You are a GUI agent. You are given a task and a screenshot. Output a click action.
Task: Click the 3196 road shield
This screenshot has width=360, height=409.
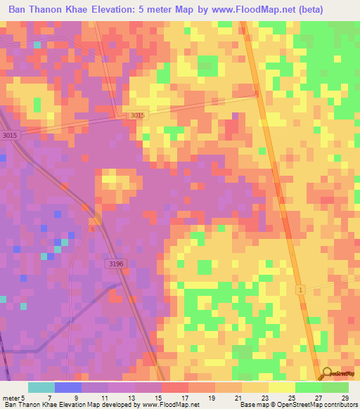(117, 264)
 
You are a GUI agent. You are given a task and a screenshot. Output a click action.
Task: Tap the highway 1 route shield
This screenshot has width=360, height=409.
(300, 290)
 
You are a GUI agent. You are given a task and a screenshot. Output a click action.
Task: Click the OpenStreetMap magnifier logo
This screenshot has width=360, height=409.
(327, 372)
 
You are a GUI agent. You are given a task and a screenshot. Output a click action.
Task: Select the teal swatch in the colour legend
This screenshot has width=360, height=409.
(41, 387)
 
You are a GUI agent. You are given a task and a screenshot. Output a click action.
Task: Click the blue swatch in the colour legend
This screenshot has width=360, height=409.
(68, 387)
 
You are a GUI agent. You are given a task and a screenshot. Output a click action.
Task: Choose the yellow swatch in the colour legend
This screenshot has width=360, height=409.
(282, 387)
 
